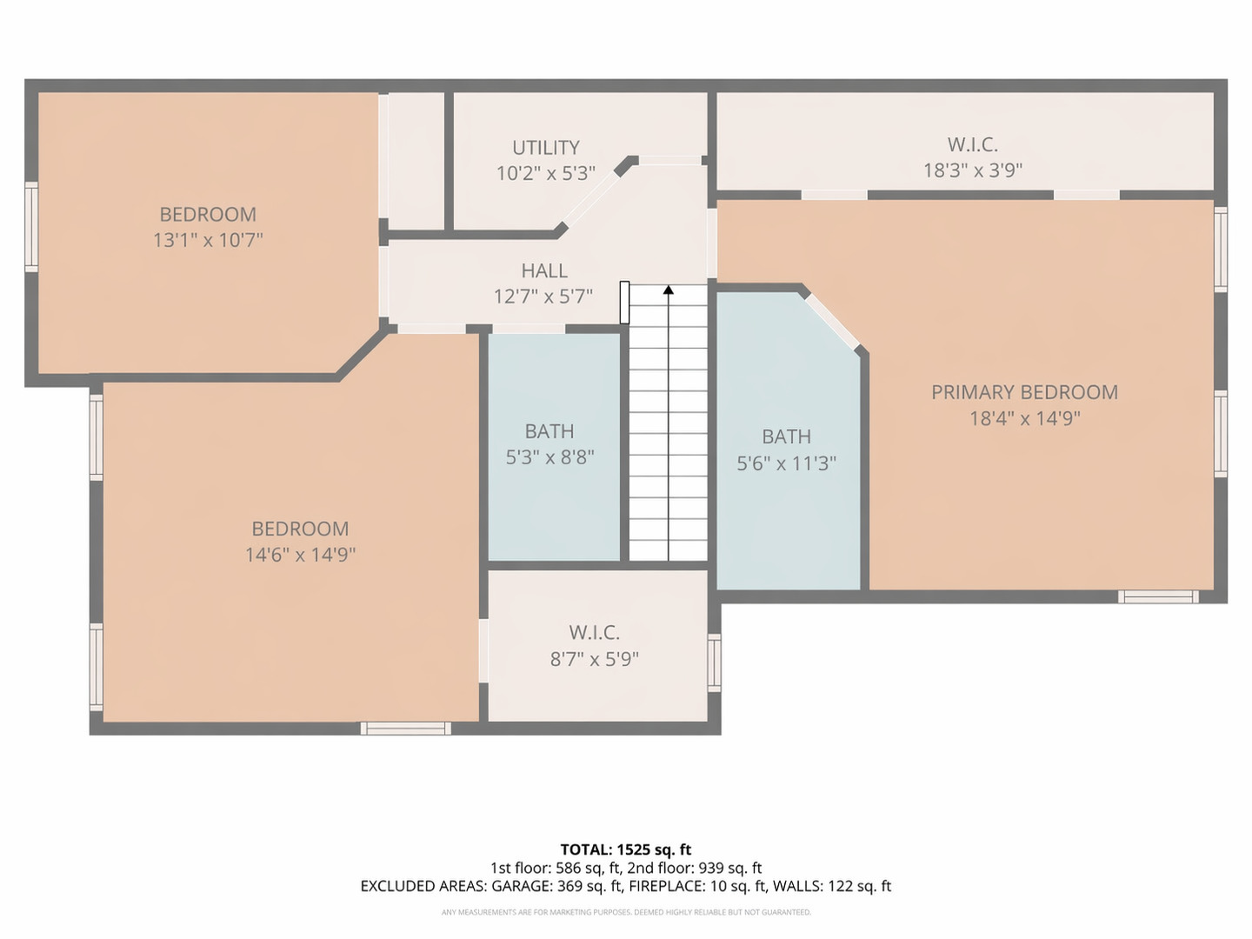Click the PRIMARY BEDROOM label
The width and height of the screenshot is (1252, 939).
[1024, 392]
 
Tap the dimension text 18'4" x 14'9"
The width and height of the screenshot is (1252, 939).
[1024, 418]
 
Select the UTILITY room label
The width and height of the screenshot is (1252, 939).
[545, 148]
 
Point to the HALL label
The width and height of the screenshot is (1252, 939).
[544, 271]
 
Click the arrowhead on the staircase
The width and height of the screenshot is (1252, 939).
[669, 290]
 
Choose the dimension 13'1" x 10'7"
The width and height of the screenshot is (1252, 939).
[208, 240]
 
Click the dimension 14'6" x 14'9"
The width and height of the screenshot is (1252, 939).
[300, 555]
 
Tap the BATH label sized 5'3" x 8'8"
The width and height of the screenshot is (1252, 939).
[549, 431]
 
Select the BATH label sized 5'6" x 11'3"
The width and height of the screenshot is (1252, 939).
[786, 436]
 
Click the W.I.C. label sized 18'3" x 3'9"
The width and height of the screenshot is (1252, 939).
[972, 144]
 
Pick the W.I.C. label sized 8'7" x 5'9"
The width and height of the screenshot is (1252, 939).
[594, 633]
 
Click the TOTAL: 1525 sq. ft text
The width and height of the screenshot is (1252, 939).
[625, 849]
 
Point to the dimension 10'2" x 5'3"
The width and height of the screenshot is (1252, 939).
[545, 173]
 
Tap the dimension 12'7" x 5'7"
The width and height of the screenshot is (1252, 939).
[543, 296]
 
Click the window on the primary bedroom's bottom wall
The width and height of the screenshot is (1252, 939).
[1157, 596]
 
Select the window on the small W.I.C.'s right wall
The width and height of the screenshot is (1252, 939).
[714, 663]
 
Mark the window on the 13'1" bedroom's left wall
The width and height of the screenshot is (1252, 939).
[31, 227]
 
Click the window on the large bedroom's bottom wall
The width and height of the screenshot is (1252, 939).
[405, 728]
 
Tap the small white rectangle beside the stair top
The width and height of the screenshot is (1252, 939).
[624, 303]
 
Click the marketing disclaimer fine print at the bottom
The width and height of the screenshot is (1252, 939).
[625, 912]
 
